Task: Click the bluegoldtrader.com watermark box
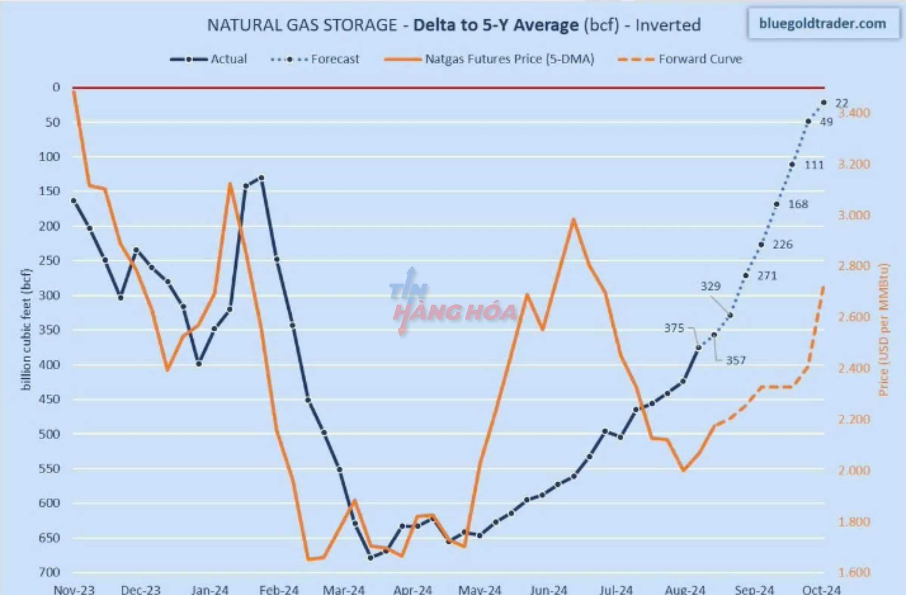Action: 823,24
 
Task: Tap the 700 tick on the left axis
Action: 49,572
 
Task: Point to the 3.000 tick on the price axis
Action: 854,215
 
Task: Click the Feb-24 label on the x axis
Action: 279,590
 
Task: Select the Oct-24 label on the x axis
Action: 821,590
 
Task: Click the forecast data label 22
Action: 841,103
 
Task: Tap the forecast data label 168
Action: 798,204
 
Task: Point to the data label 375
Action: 674,328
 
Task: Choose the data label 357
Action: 736,360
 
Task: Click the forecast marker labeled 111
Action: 792,165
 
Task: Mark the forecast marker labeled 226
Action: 762,244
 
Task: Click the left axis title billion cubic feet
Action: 26,329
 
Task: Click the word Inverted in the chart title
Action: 668,25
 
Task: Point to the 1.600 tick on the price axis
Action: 854,572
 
